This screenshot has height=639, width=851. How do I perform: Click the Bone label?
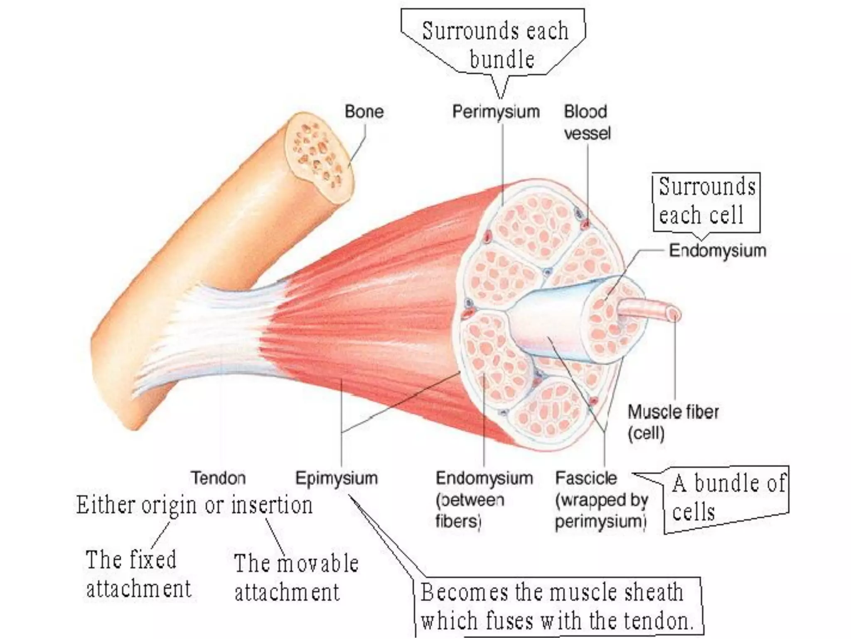[x=364, y=111]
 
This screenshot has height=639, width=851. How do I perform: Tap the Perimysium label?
[x=496, y=111]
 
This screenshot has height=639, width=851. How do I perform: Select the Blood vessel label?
[x=587, y=122]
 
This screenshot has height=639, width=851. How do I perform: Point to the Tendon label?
[x=218, y=478]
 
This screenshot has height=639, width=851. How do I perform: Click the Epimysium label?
[x=336, y=478]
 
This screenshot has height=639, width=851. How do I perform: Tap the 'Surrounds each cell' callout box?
[x=706, y=201]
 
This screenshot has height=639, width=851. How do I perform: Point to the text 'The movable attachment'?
[x=295, y=577]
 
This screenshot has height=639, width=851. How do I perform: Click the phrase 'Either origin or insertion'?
[x=194, y=505]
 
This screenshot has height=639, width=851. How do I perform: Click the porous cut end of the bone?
[x=318, y=156]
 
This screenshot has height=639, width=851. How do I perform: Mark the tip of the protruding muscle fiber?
[x=674, y=314]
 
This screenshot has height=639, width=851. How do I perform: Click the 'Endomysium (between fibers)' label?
[x=483, y=499]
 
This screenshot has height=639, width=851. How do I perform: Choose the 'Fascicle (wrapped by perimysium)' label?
[x=601, y=499]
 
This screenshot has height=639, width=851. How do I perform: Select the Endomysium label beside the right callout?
[x=717, y=250]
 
